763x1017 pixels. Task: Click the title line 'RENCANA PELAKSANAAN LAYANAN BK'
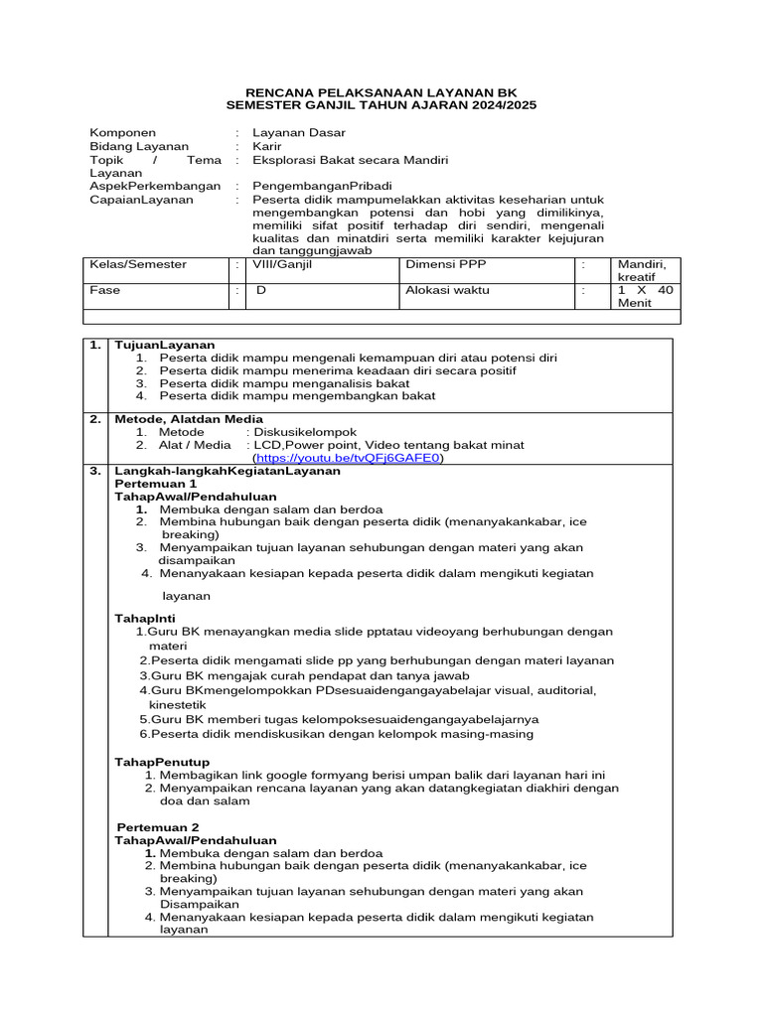click(381, 91)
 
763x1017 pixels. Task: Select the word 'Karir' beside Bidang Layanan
click(267, 146)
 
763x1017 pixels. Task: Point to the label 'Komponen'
click(122, 132)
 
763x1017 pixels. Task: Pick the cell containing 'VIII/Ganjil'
click(284, 265)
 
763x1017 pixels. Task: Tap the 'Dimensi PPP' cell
click(443, 265)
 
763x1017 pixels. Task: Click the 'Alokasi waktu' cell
click(447, 290)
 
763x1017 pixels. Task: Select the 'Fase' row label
click(104, 290)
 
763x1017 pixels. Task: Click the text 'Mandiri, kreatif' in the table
click(641, 271)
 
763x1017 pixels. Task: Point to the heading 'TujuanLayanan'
click(165, 345)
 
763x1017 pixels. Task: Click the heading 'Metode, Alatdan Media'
click(189, 419)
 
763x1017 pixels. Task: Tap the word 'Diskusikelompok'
click(305, 432)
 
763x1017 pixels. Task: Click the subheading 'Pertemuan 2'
click(158, 826)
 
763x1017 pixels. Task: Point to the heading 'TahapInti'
click(145, 618)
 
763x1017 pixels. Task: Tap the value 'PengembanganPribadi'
click(323, 186)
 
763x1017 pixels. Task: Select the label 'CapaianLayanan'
click(141, 200)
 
